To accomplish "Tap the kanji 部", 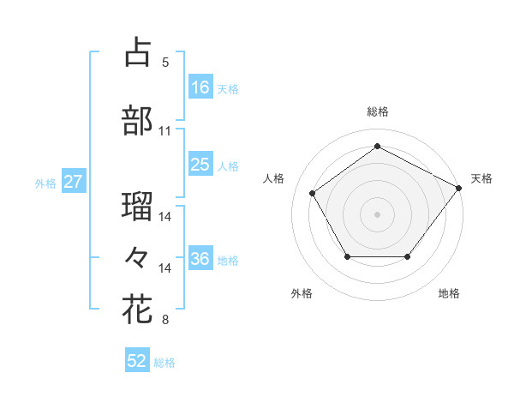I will [137, 121].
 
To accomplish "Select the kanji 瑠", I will [137, 206].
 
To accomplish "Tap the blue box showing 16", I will [200, 87].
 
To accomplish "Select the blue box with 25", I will [200, 165].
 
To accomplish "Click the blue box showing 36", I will [200, 260].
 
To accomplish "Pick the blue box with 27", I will [73, 182].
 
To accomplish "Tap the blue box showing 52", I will [137, 361].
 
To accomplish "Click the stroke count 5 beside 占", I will [165, 63].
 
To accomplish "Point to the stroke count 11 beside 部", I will [165, 131].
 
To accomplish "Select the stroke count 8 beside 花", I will [165, 321].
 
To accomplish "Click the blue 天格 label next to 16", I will [228, 88].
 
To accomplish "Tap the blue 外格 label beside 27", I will [45, 183].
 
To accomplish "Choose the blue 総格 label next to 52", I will [164, 362].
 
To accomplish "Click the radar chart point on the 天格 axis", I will [458, 188].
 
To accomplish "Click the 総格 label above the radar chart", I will [377, 111].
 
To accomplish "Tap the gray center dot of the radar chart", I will [377, 214].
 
